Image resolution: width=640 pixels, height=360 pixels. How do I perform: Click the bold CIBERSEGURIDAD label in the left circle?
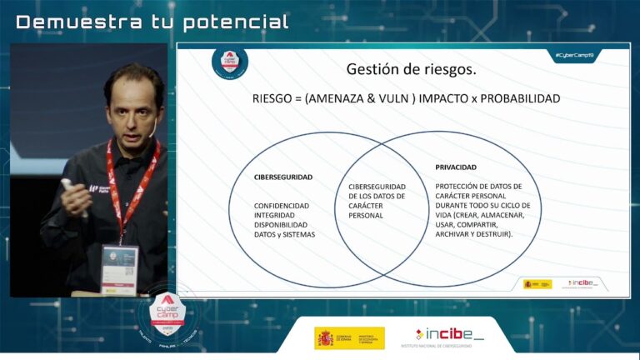[283, 177]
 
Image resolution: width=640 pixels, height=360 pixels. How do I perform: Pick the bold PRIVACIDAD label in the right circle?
[456, 167]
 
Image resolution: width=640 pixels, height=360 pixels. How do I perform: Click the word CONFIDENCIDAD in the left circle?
[282, 205]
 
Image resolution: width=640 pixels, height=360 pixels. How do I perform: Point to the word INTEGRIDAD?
[276, 215]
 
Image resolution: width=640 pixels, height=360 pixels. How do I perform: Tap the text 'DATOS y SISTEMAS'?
[285, 235]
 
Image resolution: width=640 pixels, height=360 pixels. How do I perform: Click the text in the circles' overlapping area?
[377, 201]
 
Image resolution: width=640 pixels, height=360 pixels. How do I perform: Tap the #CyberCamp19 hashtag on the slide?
[575, 55]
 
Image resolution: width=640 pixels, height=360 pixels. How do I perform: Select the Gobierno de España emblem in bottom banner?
[324, 337]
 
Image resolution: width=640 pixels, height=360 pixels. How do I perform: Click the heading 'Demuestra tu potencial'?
[152, 22]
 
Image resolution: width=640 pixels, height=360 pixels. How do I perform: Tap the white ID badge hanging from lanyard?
[118, 268]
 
